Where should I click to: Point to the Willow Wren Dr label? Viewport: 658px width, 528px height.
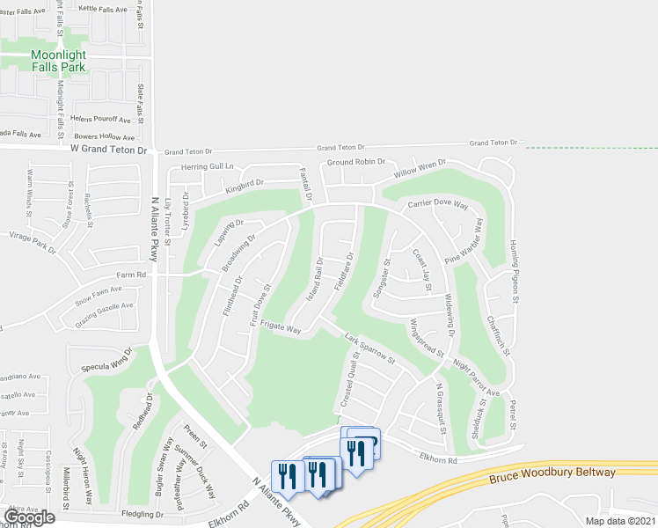coord(420,168)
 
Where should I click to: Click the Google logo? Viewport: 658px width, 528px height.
coord(28,517)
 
